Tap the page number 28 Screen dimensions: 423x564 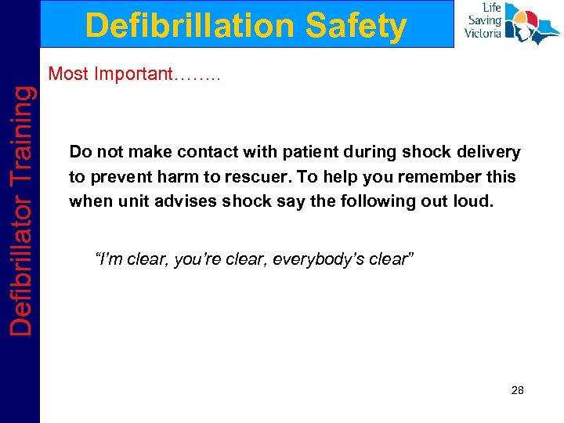point(516,390)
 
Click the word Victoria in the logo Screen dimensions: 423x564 point(483,34)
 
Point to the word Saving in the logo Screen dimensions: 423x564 point(485,21)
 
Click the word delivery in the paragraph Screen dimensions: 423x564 point(491,151)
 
